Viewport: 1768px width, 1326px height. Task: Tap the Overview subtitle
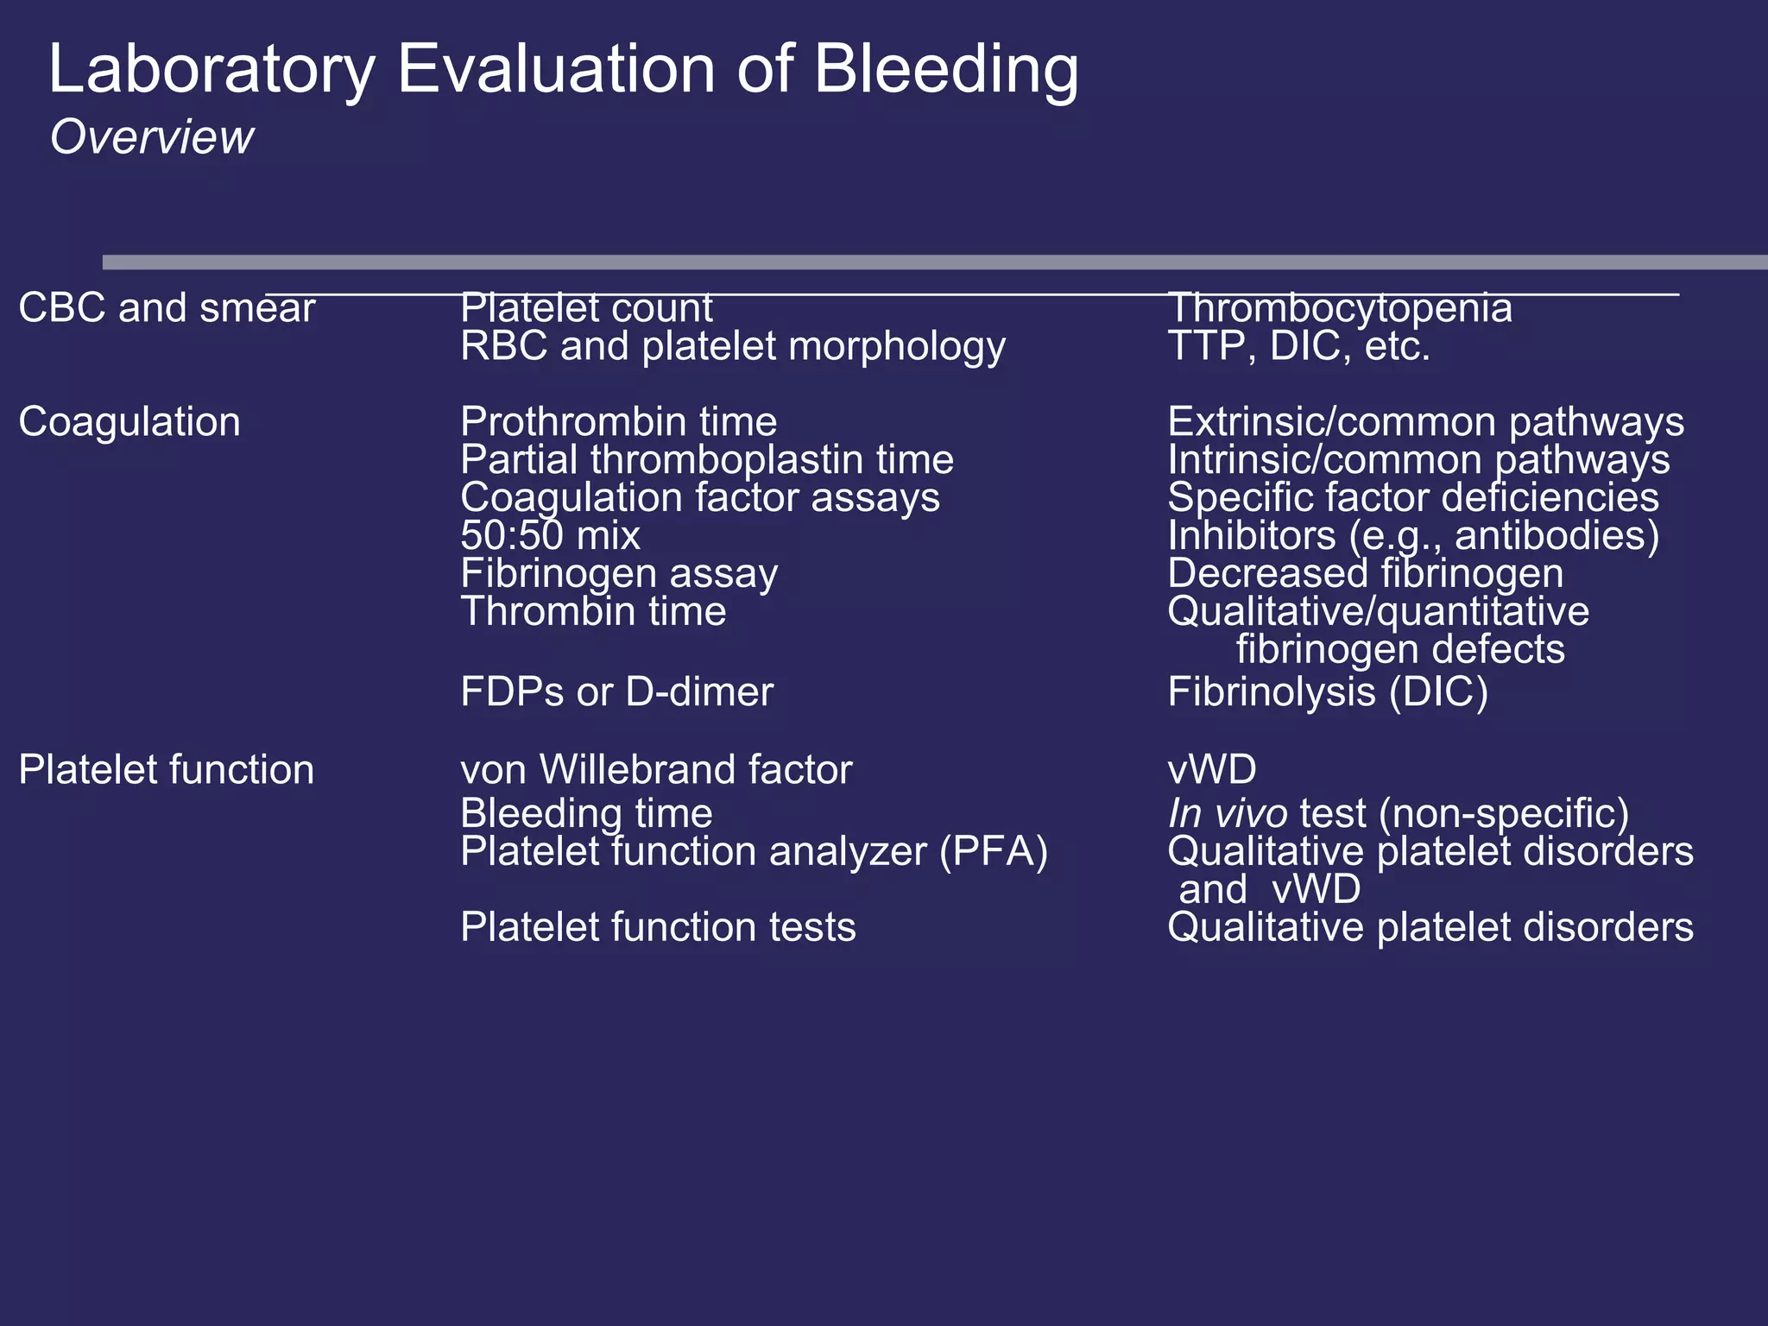(152, 137)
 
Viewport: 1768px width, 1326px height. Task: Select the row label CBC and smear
(167, 308)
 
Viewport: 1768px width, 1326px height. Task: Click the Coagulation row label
(129, 422)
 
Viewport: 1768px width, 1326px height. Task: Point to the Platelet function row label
(167, 769)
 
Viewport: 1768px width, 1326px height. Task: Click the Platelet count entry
(586, 308)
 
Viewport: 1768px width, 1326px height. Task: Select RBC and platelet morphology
(733, 346)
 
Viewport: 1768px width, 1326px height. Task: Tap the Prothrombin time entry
(618, 422)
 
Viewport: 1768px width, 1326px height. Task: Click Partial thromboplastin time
(707, 460)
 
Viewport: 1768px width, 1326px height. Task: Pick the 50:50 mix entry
(550, 536)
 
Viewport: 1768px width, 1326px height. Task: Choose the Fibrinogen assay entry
(619, 574)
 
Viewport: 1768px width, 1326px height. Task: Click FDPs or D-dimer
(616, 692)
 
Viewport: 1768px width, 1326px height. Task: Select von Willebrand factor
(656, 769)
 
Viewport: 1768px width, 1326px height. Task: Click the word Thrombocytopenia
(1339, 308)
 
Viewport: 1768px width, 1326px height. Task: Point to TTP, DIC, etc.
(1298, 346)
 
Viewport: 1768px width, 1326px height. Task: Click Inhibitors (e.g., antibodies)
(1413, 536)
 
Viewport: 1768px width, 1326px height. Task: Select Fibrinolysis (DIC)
(1328, 692)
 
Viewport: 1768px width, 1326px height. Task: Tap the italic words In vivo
(1228, 814)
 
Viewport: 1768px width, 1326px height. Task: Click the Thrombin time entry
(593, 612)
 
